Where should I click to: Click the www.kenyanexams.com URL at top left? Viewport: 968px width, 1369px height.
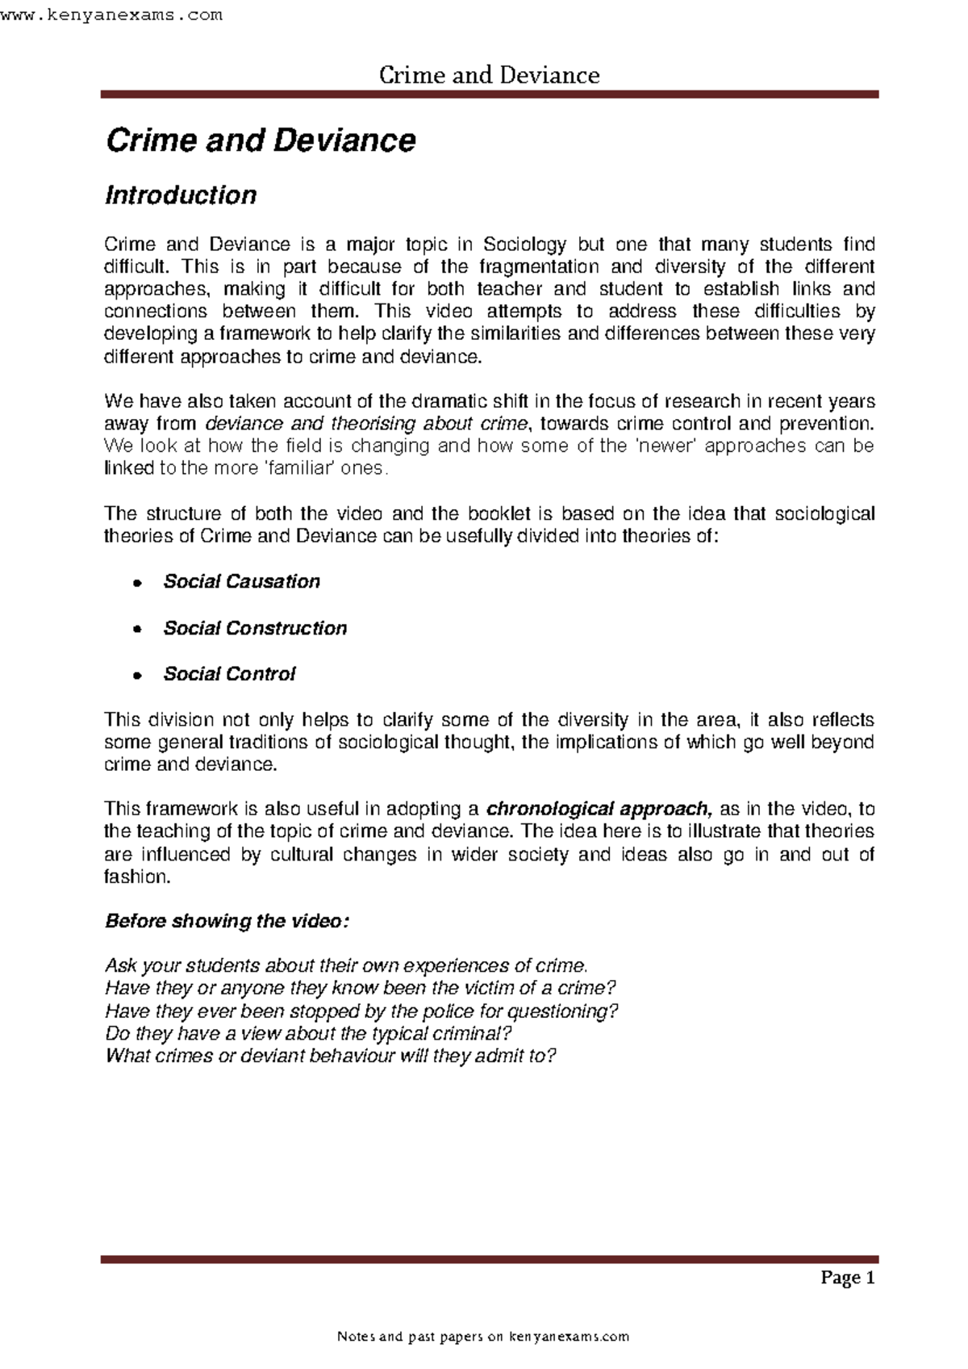point(111,15)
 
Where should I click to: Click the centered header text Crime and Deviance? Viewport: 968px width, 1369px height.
point(489,75)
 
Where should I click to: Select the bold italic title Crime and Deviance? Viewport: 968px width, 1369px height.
point(261,140)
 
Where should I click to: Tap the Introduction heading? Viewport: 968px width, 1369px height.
point(181,195)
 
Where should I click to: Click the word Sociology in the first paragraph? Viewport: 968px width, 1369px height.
point(524,245)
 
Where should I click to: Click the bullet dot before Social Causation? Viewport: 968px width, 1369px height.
point(138,583)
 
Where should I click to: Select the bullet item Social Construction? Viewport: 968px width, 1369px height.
point(255,628)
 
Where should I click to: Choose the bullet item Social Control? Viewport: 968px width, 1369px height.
point(229,674)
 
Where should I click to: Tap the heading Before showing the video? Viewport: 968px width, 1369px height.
point(227,922)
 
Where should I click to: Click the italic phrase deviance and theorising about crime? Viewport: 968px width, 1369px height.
point(368,424)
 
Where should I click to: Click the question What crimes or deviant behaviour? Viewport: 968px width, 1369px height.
point(331,1057)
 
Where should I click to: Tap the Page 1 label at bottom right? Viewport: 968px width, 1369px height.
point(847,1278)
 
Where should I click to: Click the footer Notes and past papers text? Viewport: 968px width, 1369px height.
point(482,1337)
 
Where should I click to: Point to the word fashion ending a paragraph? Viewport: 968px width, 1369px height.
point(136,877)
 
